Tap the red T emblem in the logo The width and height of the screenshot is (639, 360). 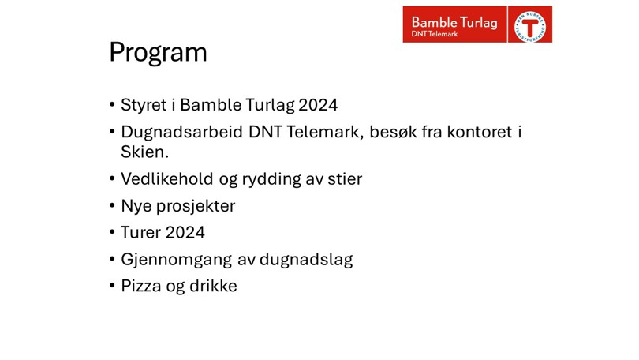[x=530, y=28]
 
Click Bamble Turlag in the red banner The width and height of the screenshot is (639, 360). [x=454, y=22]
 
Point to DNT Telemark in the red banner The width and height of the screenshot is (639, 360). [x=435, y=34]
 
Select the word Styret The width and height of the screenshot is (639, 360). [x=144, y=105]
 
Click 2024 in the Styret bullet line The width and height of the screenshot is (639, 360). [x=318, y=105]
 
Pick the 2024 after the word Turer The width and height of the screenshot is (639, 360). [x=185, y=232]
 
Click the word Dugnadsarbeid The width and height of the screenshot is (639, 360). [x=181, y=133]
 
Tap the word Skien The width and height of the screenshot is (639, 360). [x=144, y=152]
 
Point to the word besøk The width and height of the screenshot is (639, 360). [x=393, y=132]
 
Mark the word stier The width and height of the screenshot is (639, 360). [x=345, y=179]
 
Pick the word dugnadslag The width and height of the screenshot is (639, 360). [x=306, y=260]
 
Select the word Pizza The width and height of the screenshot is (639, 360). [x=141, y=286]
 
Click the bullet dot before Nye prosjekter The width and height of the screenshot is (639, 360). [x=112, y=205]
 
